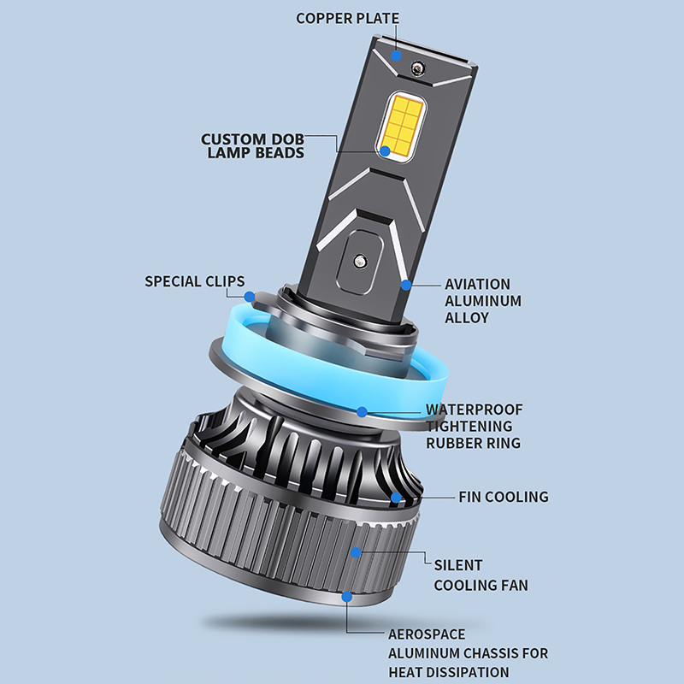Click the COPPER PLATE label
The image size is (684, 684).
click(x=347, y=18)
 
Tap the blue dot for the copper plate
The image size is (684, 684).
click(x=396, y=56)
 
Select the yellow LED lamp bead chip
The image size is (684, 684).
click(x=401, y=126)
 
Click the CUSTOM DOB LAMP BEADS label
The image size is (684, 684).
click(x=252, y=145)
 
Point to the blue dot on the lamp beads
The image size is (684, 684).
click(x=385, y=151)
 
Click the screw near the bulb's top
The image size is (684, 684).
click(x=419, y=68)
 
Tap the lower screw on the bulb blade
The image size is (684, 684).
click(x=360, y=262)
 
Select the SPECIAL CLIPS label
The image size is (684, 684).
click(x=195, y=281)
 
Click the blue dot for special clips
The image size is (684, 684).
click(x=250, y=297)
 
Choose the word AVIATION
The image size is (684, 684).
click(x=477, y=285)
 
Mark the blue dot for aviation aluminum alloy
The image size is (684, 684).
click(x=406, y=285)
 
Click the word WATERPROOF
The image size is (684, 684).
click(x=475, y=410)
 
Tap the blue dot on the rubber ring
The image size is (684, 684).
click(x=362, y=412)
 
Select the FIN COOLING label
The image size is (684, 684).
click(x=504, y=497)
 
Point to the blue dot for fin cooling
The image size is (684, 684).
click(x=396, y=498)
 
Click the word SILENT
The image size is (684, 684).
click(x=458, y=565)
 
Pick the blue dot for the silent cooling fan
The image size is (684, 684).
click(x=356, y=552)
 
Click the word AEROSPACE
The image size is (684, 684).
click(x=427, y=634)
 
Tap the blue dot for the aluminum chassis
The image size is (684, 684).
click(x=347, y=597)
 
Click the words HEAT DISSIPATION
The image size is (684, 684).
click(x=449, y=672)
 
